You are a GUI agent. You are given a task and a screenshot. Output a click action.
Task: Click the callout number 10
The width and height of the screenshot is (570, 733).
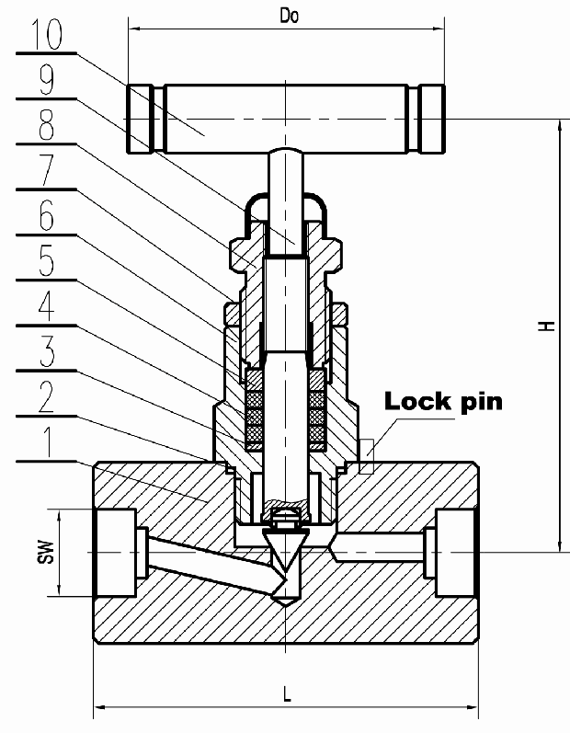[x=45, y=38]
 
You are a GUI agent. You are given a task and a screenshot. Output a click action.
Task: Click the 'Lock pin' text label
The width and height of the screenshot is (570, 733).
[x=443, y=401]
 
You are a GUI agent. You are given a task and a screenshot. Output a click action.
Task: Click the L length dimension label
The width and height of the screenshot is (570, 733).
[x=287, y=693]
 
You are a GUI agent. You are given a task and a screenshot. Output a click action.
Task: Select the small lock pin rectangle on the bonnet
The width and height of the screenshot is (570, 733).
[x=367, y=456]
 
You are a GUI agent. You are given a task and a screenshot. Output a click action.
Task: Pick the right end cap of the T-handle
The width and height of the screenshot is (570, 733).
[x=428, y=120]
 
